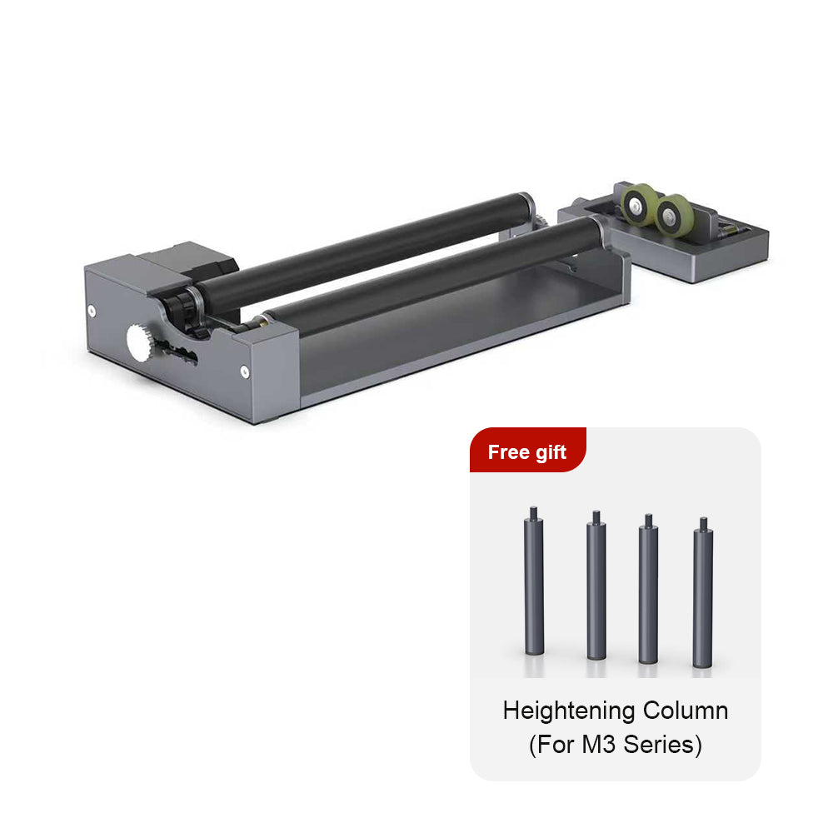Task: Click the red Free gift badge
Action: [527, 451]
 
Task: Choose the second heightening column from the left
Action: [596, 587]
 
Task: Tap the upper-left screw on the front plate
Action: [91, 311]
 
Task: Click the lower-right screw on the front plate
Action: [244, 372]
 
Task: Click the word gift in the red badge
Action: [550, 452]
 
